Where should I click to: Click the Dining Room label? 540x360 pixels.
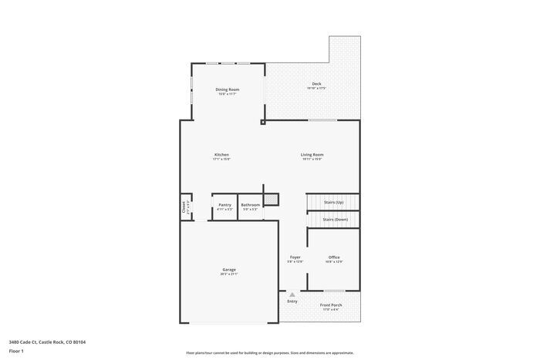tap(227, 89)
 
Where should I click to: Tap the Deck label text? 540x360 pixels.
tap(316, 84)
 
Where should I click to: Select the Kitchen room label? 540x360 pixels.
tap(221, 155)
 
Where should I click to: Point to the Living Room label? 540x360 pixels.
tap(312, 155)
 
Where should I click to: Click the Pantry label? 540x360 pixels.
tap(224, 204)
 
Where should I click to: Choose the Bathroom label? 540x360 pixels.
tap(251, 204)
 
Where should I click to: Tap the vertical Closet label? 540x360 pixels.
tap(184, 207)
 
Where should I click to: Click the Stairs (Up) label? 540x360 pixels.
tap(333, 203)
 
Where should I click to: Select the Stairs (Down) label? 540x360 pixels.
tap(335, 220)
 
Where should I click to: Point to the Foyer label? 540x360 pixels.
tap(295, 257)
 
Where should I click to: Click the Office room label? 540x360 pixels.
tap(334, 257)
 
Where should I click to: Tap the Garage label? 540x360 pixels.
tap(229, 269)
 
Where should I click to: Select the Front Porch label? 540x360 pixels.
tap(331, 304)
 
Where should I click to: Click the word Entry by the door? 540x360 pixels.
tap(292, 301)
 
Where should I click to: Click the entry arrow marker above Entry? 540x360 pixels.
tap(292, 294)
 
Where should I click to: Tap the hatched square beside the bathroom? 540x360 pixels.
tap(271, 200)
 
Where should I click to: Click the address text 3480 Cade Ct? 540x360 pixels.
tap(47, 341)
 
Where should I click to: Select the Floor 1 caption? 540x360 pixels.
tap(16, 351)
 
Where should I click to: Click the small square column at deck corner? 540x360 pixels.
tap(263, 121)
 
